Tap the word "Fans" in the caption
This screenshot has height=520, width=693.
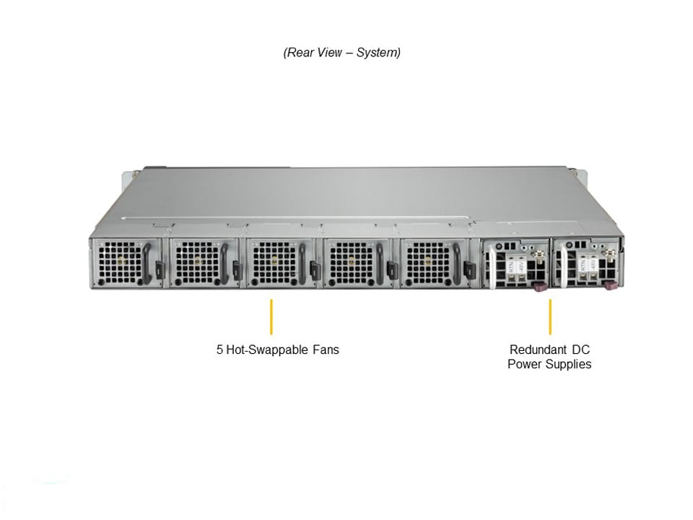(326, 350)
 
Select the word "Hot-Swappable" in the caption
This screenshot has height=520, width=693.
(267, 350)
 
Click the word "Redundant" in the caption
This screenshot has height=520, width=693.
(535, 350)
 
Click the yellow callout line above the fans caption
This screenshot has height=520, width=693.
(271, 316)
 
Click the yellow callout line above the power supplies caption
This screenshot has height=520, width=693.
(550, 316)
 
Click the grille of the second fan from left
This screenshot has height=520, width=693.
(197, 263)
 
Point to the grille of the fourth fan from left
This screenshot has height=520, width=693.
(351, 263)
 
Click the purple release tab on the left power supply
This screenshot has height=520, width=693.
(541, 287)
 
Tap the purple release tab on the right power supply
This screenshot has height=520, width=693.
(611, 287)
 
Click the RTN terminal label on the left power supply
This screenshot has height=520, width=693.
(511, 266)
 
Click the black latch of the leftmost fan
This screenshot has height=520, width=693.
(160, 269)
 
